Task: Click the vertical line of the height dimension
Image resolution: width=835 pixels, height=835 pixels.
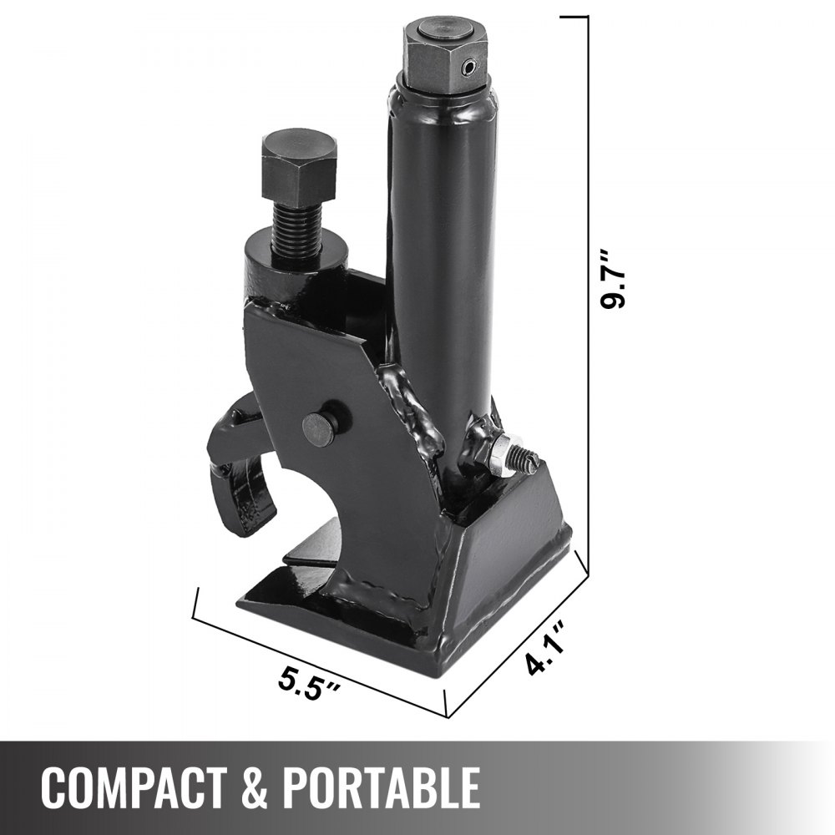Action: pos(589,292)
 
